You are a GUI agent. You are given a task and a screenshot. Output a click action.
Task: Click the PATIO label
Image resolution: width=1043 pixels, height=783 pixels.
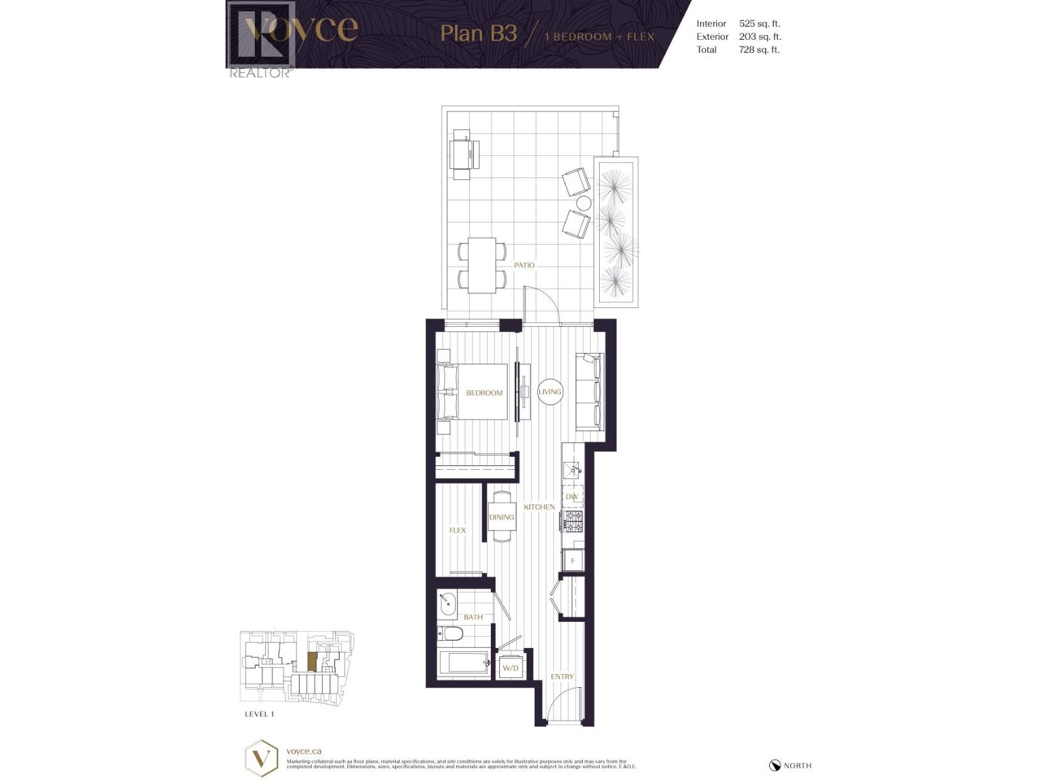524,265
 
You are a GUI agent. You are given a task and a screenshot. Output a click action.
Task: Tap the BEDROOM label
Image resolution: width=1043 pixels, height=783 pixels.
484,393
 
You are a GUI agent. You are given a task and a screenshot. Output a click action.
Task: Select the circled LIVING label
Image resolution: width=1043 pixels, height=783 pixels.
550,391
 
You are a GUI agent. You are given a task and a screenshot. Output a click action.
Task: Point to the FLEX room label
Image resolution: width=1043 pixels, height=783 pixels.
458,530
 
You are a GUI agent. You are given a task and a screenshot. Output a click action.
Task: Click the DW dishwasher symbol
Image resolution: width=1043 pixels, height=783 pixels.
572,497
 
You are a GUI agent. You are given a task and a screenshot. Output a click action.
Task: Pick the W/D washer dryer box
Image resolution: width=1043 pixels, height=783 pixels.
510,668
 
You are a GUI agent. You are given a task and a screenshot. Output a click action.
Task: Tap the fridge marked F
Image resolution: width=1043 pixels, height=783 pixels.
573,560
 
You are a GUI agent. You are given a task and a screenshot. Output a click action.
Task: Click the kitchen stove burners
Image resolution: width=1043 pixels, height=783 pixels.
574,521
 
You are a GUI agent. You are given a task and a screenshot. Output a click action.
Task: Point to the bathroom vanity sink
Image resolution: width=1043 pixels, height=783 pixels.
448,604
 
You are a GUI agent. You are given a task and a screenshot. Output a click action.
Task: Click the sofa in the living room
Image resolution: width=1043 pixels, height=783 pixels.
590,391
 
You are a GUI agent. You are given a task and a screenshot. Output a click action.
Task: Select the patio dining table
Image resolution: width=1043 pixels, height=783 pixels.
482,266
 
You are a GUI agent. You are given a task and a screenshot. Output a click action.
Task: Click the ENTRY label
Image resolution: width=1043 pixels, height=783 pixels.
562,677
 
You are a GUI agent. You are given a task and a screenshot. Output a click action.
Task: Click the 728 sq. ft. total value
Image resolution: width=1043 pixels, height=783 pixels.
759,50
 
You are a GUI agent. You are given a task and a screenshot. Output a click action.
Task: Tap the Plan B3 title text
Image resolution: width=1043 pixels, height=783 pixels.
478,33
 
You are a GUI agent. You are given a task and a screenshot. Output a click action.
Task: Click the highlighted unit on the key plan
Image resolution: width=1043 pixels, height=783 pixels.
312,661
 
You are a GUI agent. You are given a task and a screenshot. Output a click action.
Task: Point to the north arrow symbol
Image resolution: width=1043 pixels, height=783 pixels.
775,765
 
